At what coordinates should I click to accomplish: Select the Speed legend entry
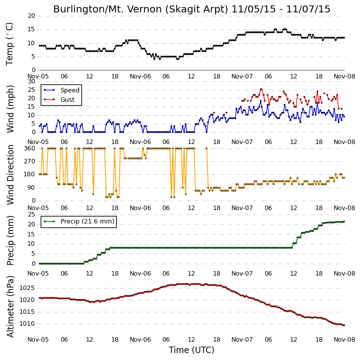tap(62, 90)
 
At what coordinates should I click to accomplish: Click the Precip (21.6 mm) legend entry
tap(79, 221)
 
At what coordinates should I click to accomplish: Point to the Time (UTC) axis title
tap(192, 350)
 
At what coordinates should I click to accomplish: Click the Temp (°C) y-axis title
tap(9, 44)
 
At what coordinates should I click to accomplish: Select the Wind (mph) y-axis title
tap(10, 109)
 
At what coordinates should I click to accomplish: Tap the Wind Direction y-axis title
tap(10, 175)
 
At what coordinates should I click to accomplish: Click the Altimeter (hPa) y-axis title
tap(10, 306)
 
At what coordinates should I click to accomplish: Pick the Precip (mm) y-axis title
tap(10, 240)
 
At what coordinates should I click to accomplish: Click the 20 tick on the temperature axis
tap(31, 16)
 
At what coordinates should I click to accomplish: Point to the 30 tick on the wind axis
tap(31, 81)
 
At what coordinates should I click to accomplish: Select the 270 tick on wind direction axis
tap(30, 161)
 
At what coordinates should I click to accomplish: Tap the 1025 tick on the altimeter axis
tap(27, 288)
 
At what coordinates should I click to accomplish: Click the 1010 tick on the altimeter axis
tap(27, 324)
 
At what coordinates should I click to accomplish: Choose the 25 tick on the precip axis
tap(31, 215)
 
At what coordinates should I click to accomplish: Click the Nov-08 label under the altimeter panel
tap(344, 339)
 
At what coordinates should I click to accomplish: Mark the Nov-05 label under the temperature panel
tap(38, 76)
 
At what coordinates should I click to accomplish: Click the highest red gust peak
tap(261, 89)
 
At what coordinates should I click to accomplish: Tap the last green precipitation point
tap(344, 221)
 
